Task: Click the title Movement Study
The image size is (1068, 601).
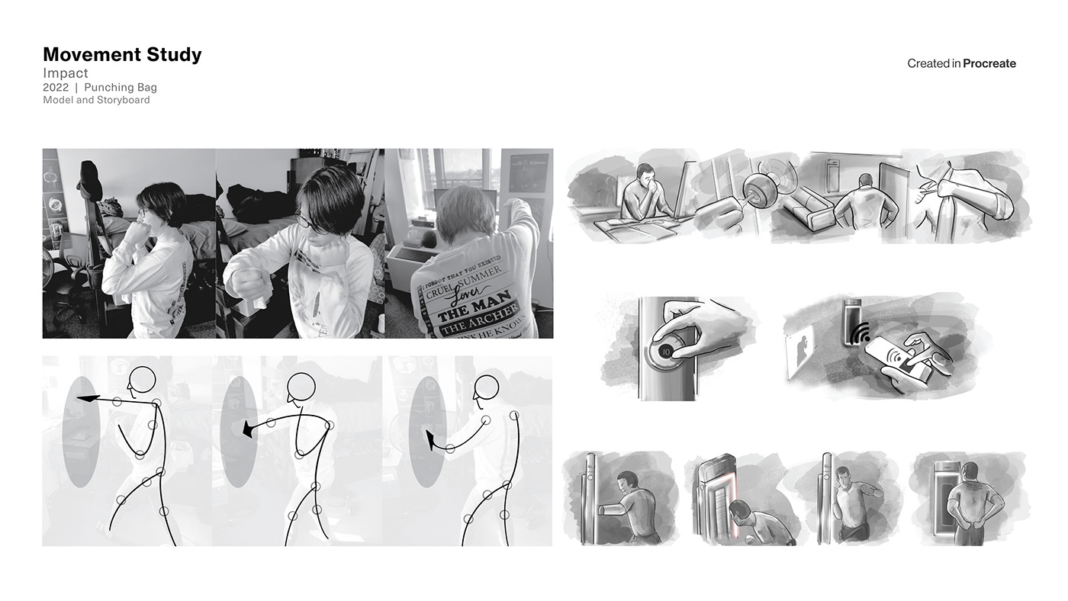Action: [122, 55]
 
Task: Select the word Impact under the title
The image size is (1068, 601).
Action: [66, 73]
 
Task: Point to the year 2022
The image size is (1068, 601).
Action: [56, 88]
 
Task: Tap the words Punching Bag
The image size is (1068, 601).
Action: [121, 88]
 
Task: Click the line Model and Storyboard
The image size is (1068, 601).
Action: [96, 100]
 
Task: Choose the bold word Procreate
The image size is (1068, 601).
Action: [989, 64]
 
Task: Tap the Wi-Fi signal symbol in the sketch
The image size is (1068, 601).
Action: [860, 335]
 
